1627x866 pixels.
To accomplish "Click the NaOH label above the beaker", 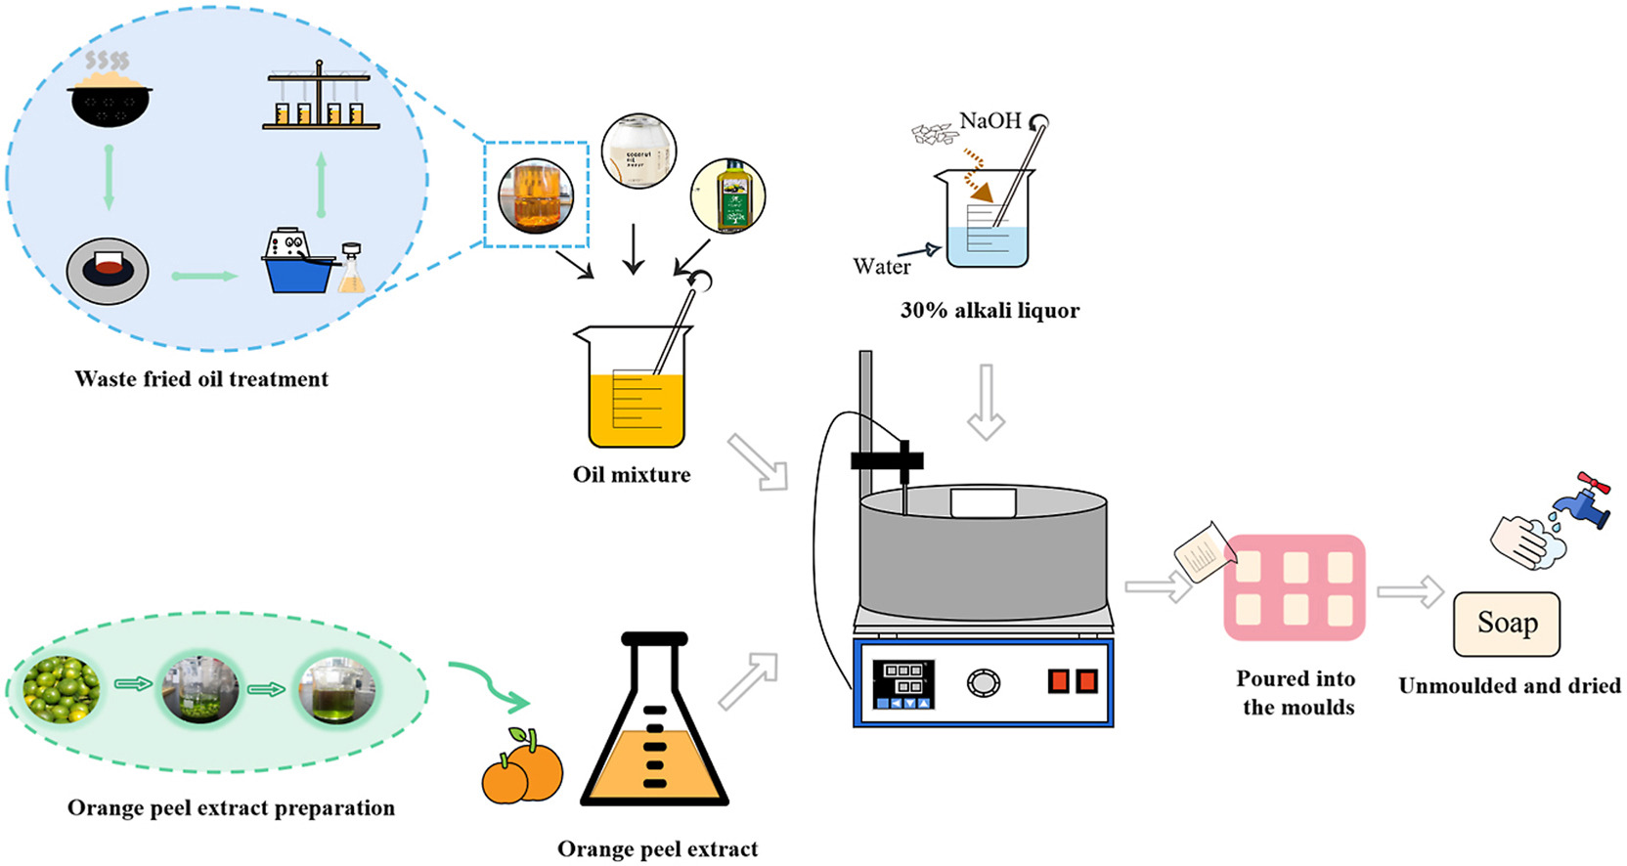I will point(989,121).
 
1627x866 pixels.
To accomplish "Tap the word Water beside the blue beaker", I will point(881,267).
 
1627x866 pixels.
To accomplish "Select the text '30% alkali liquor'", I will point(989,311).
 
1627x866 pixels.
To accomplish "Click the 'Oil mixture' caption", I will point(632,475).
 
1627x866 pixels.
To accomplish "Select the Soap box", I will point(1506,624).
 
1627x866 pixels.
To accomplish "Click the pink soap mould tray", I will point(1295,587).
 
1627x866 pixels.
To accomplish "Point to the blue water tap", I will point(1582,502).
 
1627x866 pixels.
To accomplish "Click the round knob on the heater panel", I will point(984,682).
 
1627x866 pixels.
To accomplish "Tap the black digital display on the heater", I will point(902,682).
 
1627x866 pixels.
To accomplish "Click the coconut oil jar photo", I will point(638,152).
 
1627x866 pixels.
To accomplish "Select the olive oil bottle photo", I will point(727,195).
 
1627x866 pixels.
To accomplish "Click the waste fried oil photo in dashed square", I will point(536,195).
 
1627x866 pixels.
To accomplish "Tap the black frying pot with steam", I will point(110,101).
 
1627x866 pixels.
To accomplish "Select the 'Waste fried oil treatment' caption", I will point(201,379).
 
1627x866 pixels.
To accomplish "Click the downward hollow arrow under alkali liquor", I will point(986,402).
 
